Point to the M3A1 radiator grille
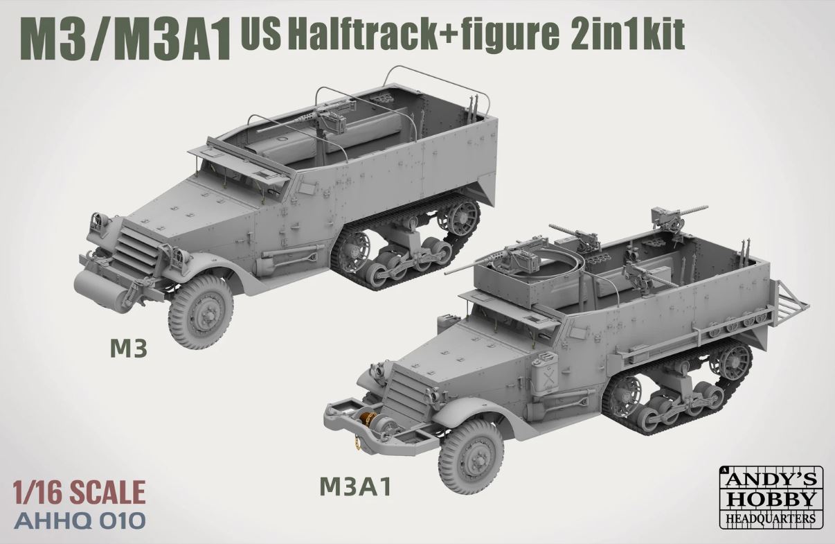click(x=401, y=396)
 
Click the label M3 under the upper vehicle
click(x=129, y=351)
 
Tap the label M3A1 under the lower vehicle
click(x=356, y=487)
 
